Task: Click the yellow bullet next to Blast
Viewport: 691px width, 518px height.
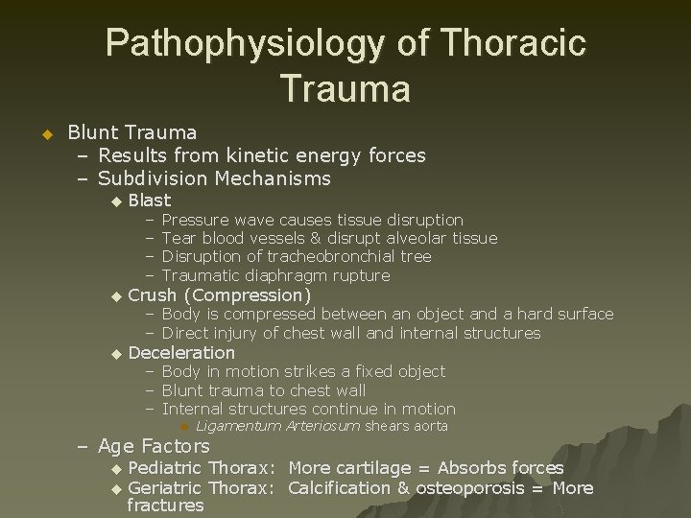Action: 116,201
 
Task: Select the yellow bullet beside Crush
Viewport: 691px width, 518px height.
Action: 116,296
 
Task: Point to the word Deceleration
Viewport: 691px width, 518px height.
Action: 181,353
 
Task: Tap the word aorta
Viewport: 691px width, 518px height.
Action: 430,426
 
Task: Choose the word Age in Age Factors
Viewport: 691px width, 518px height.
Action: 116,446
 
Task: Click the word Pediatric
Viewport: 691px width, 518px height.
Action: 164,468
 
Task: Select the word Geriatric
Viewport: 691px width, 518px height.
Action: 164,488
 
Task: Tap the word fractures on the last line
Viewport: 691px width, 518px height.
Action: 165,506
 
